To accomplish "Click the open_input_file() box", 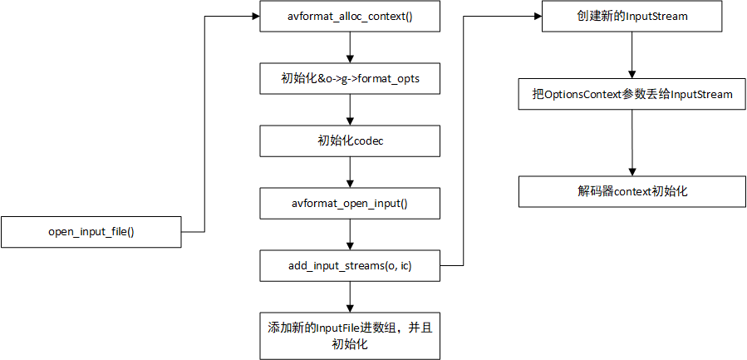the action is (x=91, y=232).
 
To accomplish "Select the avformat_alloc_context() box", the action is (x=350, y=16).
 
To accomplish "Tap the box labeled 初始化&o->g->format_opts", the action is (x=350, y=78).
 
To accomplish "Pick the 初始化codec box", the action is (x=350, y=141).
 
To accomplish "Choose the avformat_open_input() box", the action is (x=350, y=203).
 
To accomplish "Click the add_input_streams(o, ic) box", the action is (x=350, y=265).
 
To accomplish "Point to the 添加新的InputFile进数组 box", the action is (x=350, y=336).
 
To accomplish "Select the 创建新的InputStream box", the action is (x=632, y=16).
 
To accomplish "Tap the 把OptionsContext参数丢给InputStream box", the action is (x=632, y=95).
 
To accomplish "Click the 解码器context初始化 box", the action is (x=632, y=191).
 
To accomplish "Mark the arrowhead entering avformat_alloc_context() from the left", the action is (x=255, y=16).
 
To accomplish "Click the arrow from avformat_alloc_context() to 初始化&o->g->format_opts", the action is (x=350, y=47).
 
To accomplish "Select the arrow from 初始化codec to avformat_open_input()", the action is (x=350, y=171).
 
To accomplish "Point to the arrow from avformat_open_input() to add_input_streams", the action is (x=350, y=234).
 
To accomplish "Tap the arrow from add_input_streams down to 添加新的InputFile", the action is (x=350, y=296).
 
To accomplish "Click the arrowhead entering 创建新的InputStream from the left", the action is (x=538, y=16).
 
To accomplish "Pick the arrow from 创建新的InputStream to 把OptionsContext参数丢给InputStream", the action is (x=632, y=56).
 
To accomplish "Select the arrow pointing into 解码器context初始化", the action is (x=632, y=142).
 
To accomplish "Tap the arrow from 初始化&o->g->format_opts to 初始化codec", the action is (x=350, y=109).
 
